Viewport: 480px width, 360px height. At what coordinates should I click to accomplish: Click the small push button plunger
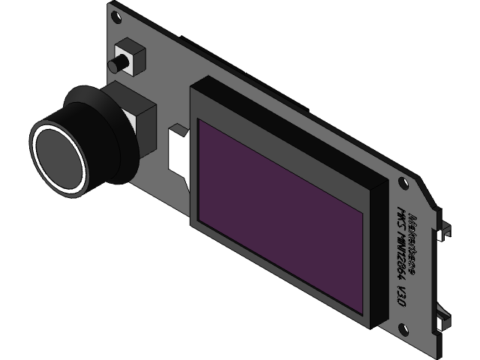click(x=116, y=65)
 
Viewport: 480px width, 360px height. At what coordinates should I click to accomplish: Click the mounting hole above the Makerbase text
click(x=403, y=182)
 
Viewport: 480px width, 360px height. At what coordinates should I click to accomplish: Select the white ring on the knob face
click(x=37, y=147)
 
